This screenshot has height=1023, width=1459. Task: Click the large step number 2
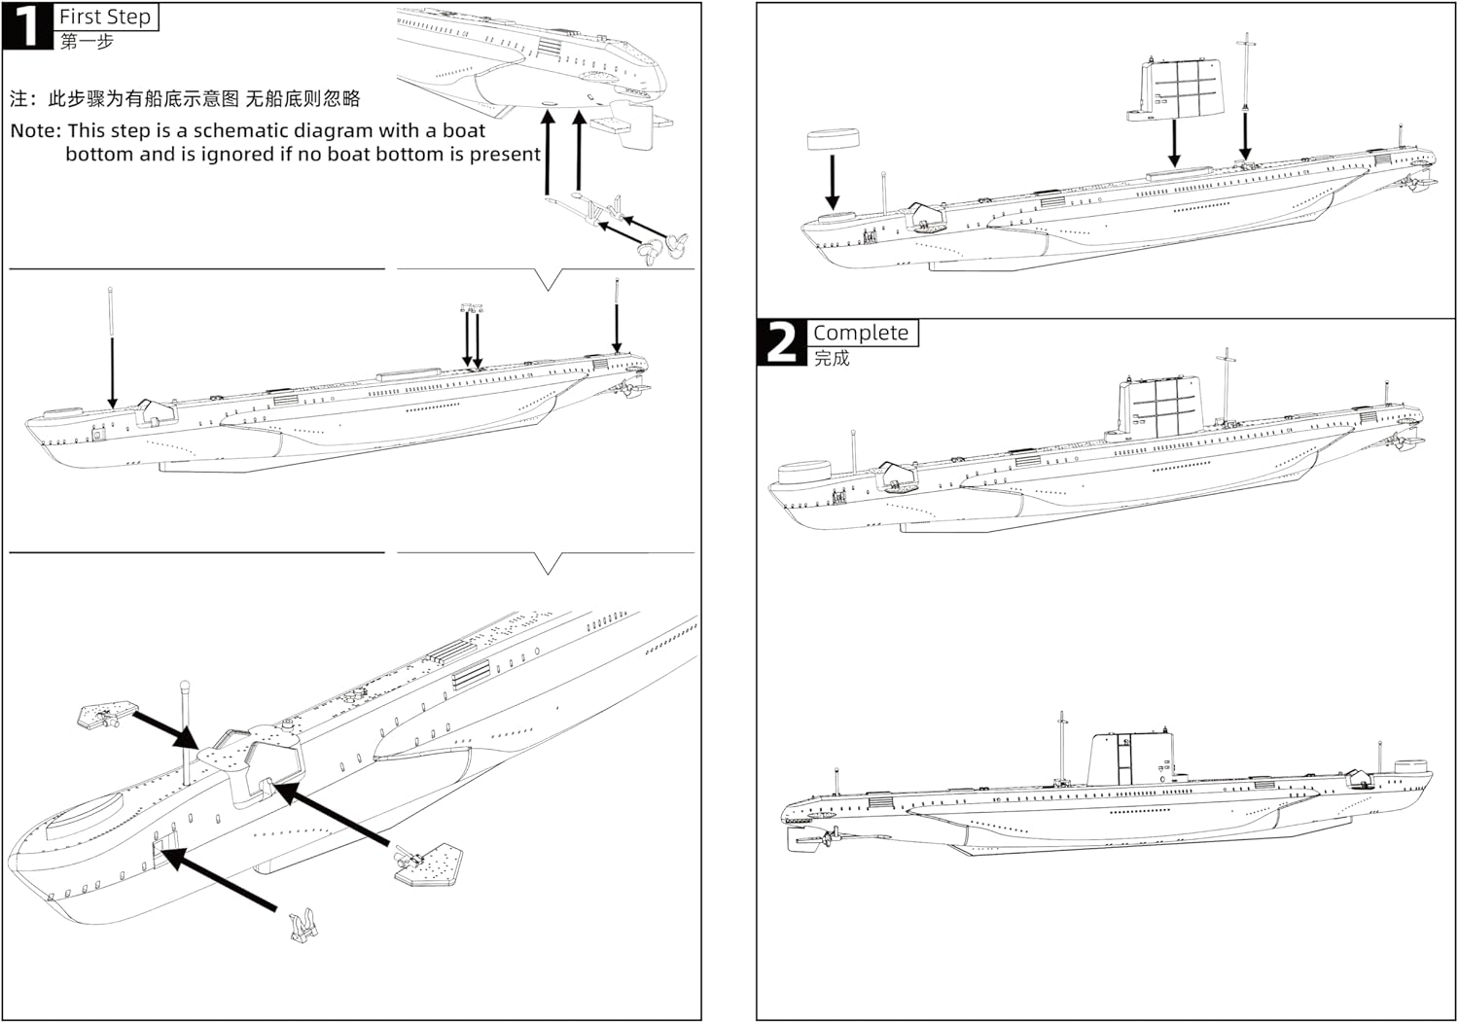pyautogui.click(x=781, y=342)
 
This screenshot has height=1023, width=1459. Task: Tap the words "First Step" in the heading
pyautogui.click(x=105, y=17)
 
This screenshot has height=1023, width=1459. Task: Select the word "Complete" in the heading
pyautogui.click(x=860, y=333)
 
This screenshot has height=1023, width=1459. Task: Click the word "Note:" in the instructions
pyautogui.click(x=36, y=130)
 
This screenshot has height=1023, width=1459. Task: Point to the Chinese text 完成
pyautogui.click(x=832, y=358)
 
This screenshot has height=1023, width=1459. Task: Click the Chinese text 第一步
pyautogui.click(x=87, y=41)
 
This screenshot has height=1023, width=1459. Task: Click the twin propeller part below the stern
pyautogui.click(x=662, y=245)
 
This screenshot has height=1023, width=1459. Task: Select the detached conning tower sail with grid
pyautogui.click(x=1176, y=88)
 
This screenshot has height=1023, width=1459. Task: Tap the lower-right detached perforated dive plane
pyautogui.click(x=430, y=863)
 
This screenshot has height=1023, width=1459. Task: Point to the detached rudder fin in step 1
pyautogui.click(x=637, y=126)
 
